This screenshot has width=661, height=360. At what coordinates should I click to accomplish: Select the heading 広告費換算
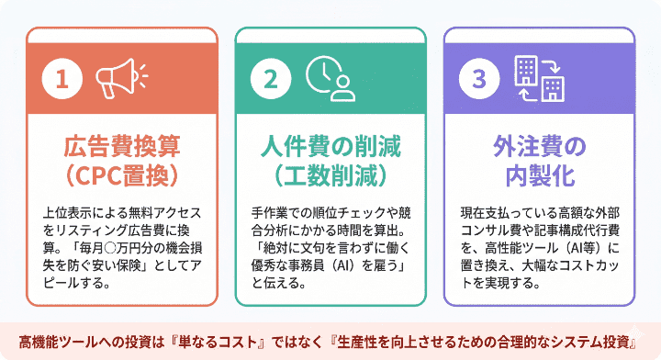[x=122, y=146]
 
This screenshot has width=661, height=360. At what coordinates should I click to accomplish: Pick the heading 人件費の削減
[x=330, y=146]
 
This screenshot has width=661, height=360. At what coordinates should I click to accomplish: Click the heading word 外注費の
[x=538, y=146]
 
